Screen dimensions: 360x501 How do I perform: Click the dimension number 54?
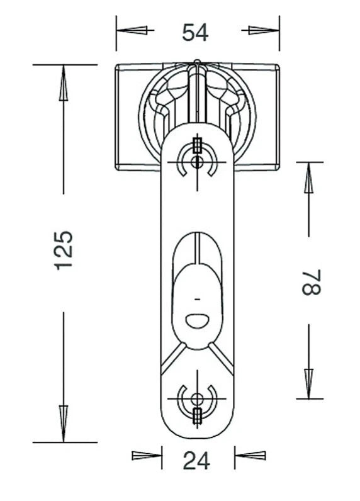coord(195,32)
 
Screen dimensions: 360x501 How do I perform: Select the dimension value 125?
coord(64,250)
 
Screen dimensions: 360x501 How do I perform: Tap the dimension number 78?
coord(311,282)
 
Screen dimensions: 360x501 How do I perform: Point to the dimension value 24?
coord(196,461)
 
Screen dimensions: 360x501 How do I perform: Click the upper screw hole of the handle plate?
coord(196,162)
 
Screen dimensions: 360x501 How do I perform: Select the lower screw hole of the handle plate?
coord(196,399)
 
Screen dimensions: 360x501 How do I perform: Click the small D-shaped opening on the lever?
coord(197,321)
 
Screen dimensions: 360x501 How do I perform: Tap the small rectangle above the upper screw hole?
coord(197,145)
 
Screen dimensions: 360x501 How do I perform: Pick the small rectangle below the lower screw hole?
coord(198,415)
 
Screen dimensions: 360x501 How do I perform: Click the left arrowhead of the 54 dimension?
coord(132,30)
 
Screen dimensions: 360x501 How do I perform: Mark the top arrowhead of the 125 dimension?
coord(64,83)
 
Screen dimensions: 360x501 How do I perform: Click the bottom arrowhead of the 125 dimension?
coord(64,424)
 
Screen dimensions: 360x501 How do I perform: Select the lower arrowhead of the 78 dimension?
coord(308,383)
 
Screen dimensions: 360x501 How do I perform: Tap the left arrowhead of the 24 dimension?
coord(147,456)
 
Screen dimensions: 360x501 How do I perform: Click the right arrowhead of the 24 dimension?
coord(250,456)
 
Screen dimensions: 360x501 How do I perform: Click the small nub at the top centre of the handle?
coord(198,61)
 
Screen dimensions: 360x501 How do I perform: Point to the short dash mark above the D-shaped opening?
coord(198,300)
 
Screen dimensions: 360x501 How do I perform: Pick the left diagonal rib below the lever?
coord(173,359)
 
